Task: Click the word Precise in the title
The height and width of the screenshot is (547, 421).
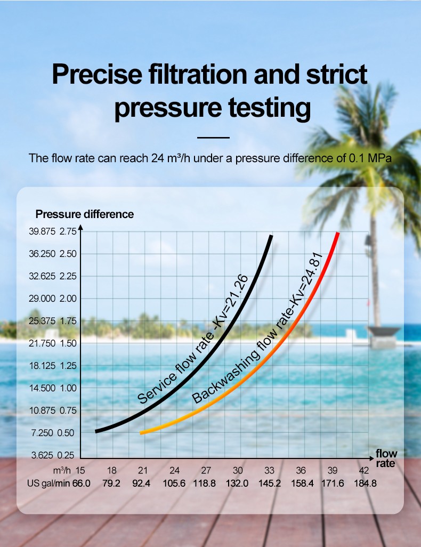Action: pos(105,75)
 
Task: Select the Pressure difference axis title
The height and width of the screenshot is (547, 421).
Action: pos(85,214)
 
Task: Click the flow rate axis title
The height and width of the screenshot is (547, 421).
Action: pos(386,458)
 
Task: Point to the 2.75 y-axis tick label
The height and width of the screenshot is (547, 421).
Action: pos(68,231)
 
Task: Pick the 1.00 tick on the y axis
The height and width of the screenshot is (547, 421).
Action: pos(68,388)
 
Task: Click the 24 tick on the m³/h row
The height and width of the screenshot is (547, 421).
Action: pos(174,470)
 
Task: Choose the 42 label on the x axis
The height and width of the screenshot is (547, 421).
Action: pos(364,470)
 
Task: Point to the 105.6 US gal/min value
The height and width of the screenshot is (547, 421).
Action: pos(174,484)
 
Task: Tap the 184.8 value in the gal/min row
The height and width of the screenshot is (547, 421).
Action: pos(364,484)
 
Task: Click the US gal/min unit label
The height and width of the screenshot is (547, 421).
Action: pos(48,484)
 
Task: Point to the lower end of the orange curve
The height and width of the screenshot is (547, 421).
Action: pos(141,433)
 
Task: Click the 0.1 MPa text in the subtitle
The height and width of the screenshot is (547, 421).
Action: pos(373,158)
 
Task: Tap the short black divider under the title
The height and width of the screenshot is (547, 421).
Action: pos(213,138)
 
